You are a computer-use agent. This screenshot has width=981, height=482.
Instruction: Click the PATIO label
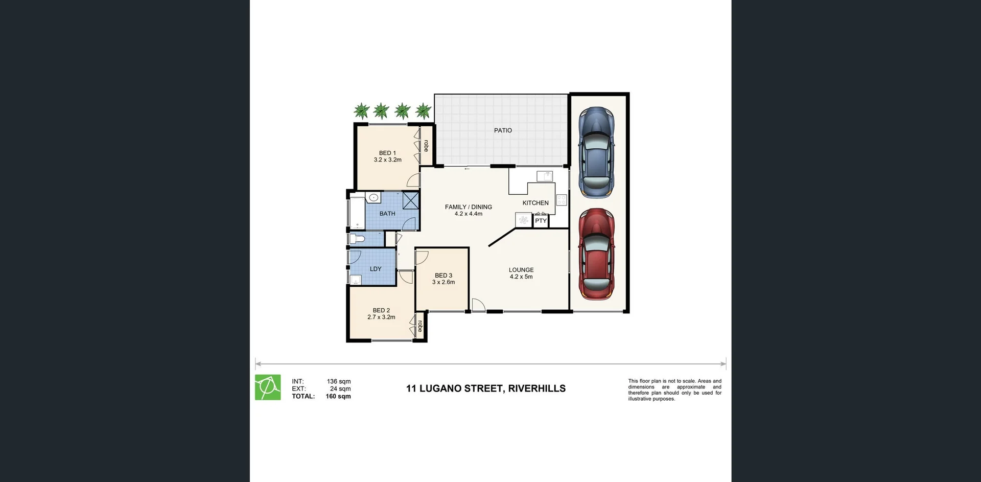pos(503,130)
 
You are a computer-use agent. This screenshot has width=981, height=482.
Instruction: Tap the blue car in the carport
pos(596,152)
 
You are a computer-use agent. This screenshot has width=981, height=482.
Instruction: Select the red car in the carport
pos(596,254)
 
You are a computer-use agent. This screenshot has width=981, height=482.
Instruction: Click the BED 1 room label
pos(387,153)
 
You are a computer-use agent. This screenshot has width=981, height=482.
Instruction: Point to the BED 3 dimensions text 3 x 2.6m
pos(443,282)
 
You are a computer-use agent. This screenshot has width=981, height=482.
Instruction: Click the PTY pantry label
pos(541,221)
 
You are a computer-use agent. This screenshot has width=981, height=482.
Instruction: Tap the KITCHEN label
pos(535,203)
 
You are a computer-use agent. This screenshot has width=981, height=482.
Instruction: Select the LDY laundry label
pos(376,269)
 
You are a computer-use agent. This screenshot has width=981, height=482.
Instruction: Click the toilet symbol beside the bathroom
pos(357,239)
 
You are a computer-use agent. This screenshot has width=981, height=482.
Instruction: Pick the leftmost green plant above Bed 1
pos(362,110)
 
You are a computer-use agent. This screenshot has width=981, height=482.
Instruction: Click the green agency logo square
pos(268,387)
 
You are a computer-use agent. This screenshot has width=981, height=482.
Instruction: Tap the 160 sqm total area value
pos(338,396)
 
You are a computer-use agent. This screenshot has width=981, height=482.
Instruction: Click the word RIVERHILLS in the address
pos(537,388)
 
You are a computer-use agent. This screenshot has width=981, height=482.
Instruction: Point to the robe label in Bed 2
pos(420,326)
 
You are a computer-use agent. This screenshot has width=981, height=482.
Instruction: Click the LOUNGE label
pos(521,270)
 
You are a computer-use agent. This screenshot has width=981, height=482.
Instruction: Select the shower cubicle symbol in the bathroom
pos(411,200)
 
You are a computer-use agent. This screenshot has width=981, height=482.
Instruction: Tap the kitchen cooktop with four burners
pos(562,200)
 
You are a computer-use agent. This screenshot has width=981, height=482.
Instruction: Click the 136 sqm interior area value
pos(339,381)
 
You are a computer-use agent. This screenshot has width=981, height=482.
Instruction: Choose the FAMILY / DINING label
pos(469,207)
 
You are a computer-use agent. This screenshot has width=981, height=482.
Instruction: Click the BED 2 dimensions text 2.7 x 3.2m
pos(381,317)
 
